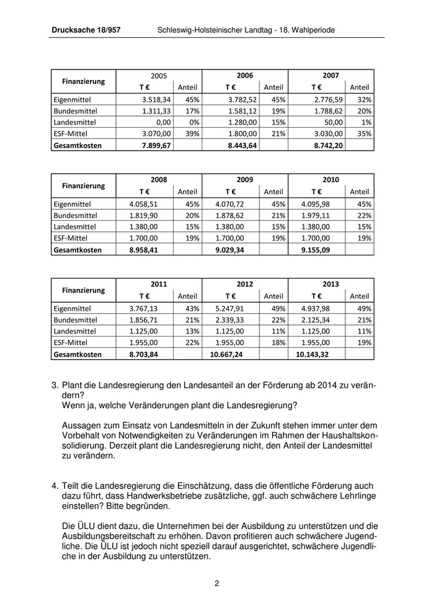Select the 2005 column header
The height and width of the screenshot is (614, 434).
[159, 75]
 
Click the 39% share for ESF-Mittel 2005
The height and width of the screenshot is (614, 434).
[190, 134]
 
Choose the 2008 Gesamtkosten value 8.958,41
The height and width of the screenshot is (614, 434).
[144, 250]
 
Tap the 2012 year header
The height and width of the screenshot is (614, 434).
[245, 284]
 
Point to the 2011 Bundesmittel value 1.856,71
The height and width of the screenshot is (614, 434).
[144, 320]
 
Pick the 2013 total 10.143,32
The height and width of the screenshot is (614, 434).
[314, 355]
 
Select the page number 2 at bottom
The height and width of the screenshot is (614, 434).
[217, 583]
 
